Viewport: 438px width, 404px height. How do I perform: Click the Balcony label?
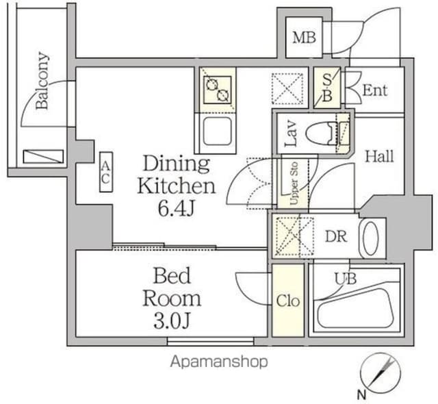coord(42,81)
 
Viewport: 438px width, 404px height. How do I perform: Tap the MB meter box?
coord(304,38)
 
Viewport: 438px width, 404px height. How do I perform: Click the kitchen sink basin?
coord(218,131)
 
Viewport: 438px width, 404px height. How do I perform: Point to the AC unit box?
coord(106,172)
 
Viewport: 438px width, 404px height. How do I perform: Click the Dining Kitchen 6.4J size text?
coord(177,208)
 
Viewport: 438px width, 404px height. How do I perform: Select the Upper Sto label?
coord(294,184)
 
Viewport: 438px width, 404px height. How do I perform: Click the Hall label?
coord(379,156)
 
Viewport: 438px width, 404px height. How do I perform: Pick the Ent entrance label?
coord(374,90)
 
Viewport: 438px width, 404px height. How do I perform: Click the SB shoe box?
coord(327,88)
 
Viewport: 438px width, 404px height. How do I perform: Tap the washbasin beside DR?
coord(371,238)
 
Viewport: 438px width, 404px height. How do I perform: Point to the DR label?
coord(336,237)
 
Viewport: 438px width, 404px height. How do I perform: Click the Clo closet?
coord(288,301)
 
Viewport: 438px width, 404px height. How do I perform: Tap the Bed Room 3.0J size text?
coord(172,321)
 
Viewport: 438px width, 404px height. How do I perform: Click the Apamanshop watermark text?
coord(219,362)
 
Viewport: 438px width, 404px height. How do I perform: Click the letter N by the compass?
coord(362,395)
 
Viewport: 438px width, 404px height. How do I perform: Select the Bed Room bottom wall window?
coord(211,342)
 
